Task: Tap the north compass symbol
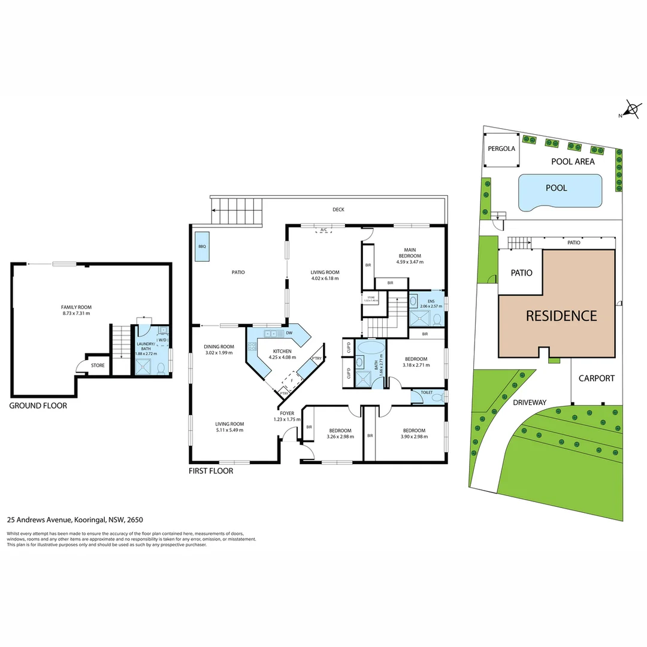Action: click(631, 109)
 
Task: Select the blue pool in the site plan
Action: click(559, 192)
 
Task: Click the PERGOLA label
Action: click(501, 149)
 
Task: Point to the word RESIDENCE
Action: click(561, 316)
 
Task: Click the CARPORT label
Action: click(596, 378)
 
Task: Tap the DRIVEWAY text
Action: click(530, 403)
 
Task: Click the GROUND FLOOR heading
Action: click(38, 406)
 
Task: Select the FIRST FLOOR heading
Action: click(211, 471)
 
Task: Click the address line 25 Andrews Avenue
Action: click(75, 520)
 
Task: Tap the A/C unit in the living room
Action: click(323, 230)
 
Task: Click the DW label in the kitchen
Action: click(289, 333)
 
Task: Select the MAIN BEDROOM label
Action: click(409, 253)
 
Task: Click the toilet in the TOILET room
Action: click(437, 397)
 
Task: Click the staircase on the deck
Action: click(238, 213)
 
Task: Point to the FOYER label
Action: click(287, 413)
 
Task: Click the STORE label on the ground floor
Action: click(98, 365)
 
